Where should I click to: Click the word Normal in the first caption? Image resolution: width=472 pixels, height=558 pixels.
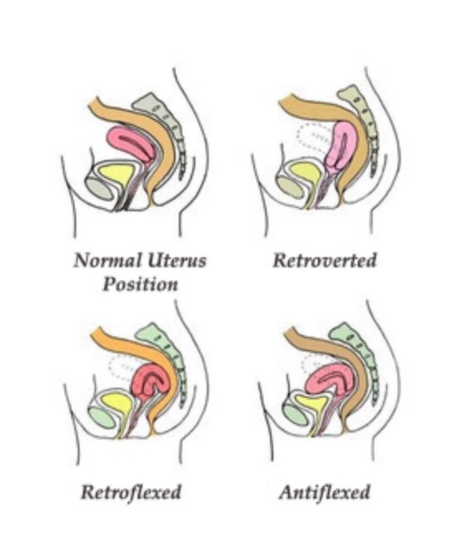point(107,261)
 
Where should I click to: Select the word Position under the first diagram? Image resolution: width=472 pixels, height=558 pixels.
point(141,284)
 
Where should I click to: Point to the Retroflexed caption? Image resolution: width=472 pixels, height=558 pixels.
point(130,491)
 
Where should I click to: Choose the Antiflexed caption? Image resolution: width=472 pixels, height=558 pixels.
point(324,491)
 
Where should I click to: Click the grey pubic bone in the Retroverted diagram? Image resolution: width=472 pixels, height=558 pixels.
point(289,185)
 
